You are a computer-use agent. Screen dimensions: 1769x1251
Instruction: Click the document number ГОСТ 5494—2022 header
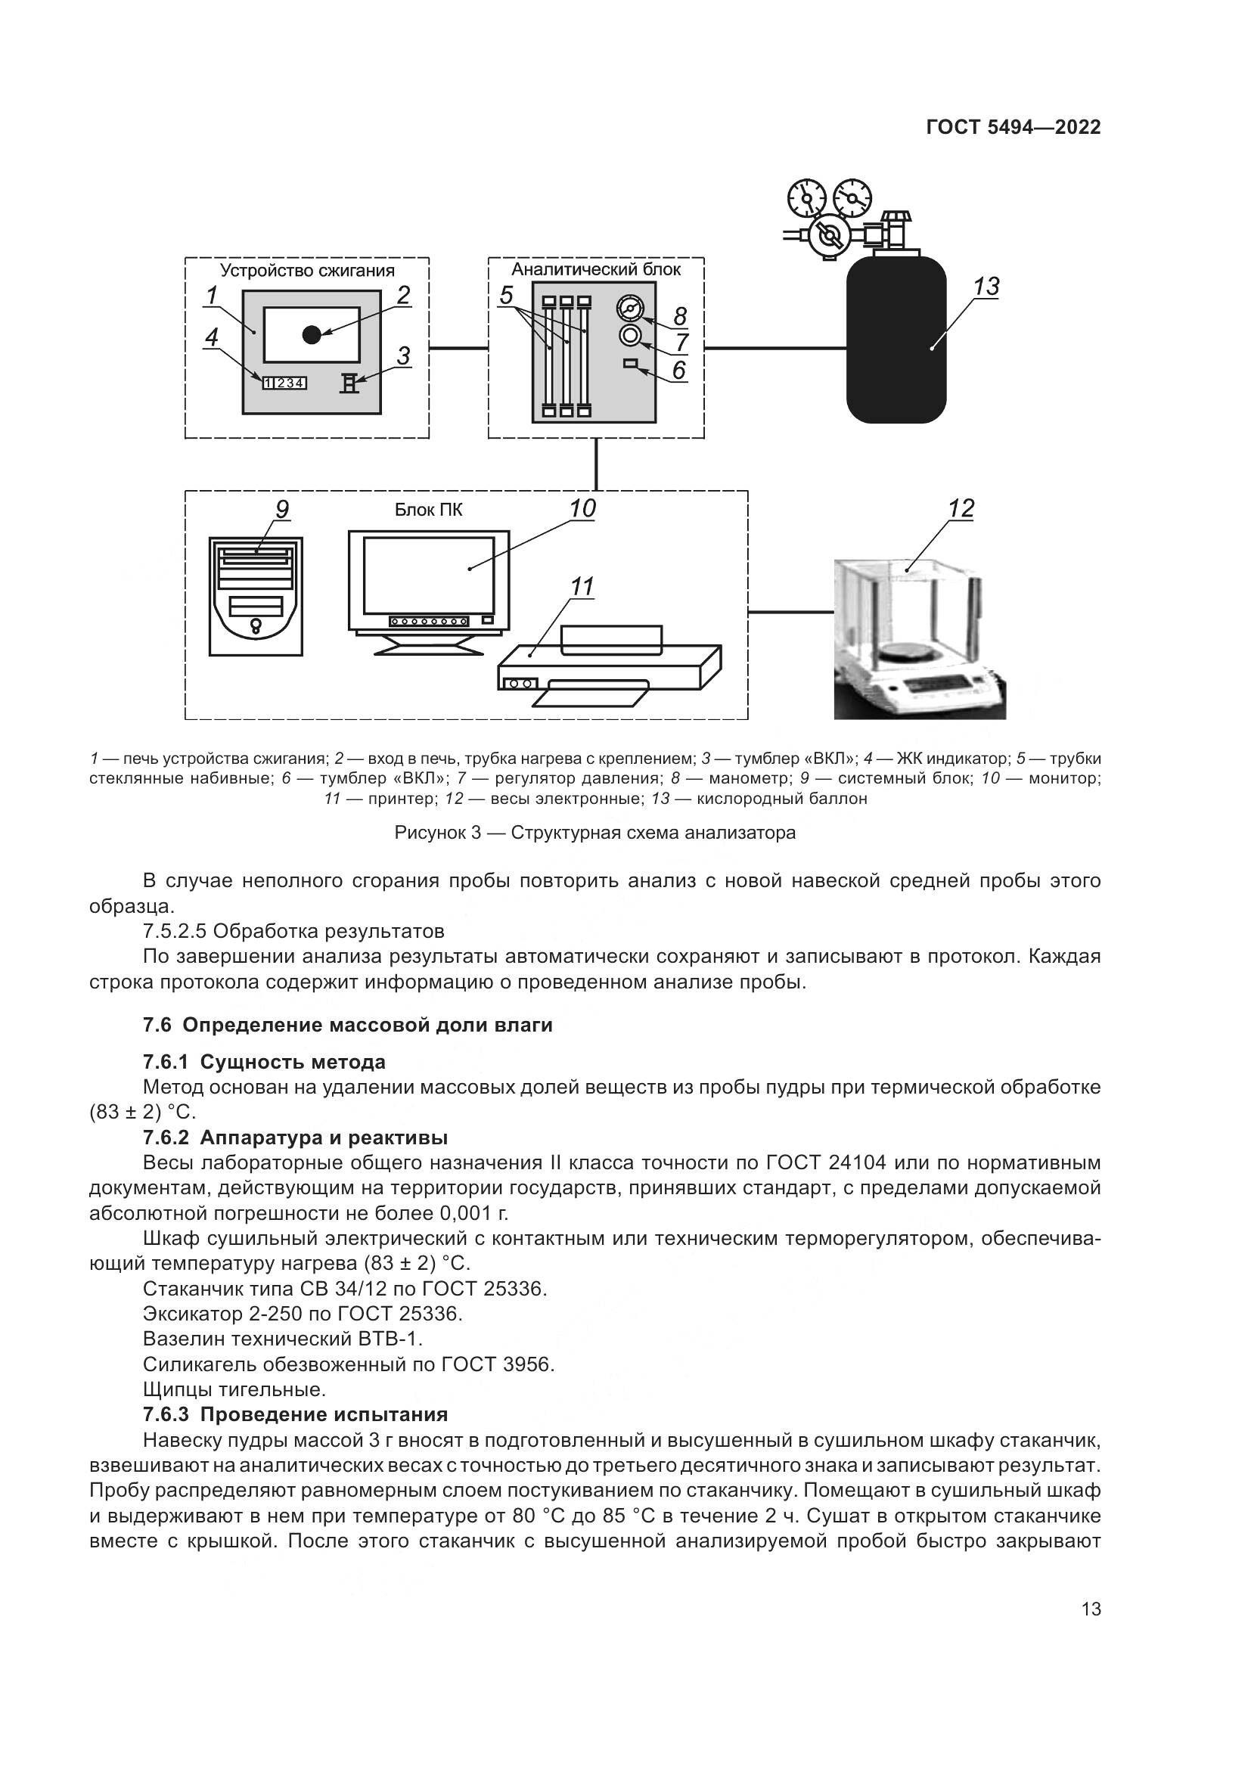coord(1013,128)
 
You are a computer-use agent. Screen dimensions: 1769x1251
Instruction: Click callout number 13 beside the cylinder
coord(986,287)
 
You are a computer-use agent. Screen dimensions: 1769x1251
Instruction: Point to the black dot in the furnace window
coord(311,334)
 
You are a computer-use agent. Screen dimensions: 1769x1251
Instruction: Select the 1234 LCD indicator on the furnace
coord(284,382)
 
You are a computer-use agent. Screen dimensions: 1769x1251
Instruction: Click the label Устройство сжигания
coord(307,271)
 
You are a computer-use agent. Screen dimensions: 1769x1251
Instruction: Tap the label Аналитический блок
coord(595,269)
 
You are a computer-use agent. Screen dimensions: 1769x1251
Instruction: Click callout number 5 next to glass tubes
coord(506,295)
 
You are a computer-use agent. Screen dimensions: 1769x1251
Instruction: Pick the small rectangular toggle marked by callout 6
coord(629,363)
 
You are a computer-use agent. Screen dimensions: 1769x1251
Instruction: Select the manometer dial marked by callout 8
coord(629,309)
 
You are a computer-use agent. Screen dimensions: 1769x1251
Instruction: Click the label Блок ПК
coord(428,510)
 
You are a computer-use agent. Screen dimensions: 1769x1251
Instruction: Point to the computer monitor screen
coord(428,575)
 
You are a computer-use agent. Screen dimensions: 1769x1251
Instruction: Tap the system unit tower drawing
coord(256,596)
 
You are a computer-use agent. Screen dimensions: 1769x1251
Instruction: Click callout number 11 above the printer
coord(582,587)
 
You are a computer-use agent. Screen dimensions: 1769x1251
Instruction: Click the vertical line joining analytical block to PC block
coord(595,464)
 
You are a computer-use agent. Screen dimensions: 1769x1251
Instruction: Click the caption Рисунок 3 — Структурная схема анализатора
coord(594,833)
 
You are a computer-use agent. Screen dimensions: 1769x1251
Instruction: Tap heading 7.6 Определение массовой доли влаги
coord(347,1026)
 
